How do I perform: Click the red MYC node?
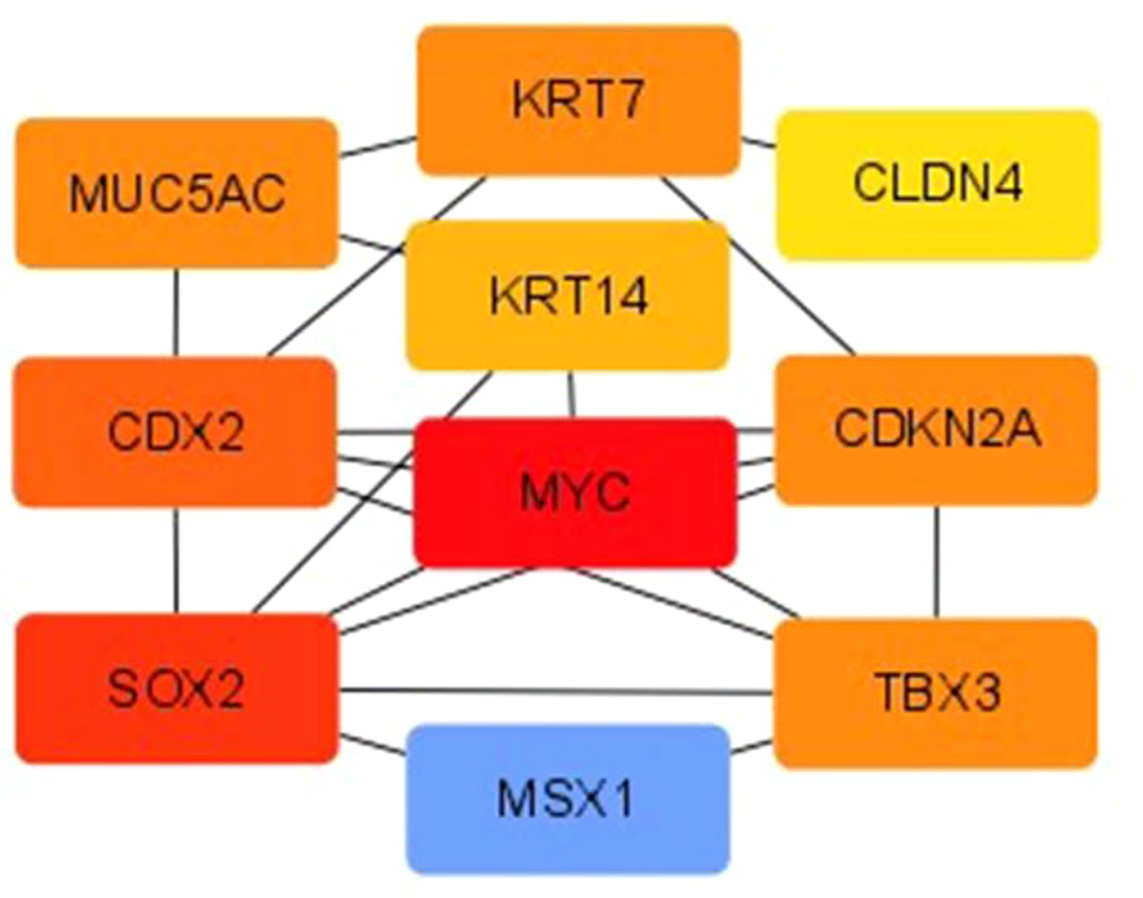coord(575,493)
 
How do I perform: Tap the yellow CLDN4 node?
coord(938,185)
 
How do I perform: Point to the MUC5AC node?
coord(176,193)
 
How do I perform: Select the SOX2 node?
coord(176,688)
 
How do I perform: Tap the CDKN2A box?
coord(937,430)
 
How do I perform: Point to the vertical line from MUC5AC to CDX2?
coord(176,312)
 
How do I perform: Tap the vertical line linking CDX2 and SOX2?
coord(176,561)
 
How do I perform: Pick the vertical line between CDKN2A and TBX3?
coord(937,562)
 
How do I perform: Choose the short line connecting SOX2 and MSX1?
coord(373,746)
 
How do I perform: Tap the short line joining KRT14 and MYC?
coord(570,394)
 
